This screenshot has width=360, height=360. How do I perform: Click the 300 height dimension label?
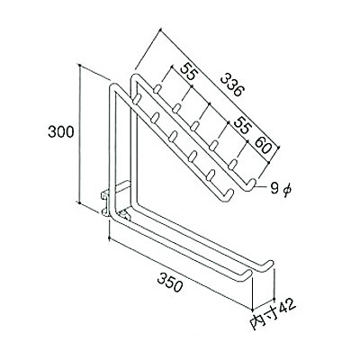(60, 131)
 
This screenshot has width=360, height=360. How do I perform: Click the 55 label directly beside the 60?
(242, 124)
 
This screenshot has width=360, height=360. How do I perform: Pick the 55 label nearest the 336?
(189, 71)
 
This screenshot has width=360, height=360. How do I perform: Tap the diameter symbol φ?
(287, 190)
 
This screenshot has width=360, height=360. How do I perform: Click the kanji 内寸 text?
(263, 319)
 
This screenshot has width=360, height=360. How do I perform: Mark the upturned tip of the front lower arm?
(247, 274)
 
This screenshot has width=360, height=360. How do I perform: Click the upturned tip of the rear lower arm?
(270, 264)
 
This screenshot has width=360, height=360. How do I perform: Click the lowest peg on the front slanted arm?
(211, 175)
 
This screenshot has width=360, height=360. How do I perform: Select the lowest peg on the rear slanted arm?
(233, 164)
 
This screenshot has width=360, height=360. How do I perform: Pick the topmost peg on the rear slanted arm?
(157, 89)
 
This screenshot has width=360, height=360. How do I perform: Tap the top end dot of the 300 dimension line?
(79, 65)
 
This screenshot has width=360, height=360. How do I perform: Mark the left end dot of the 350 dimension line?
(110, 239)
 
